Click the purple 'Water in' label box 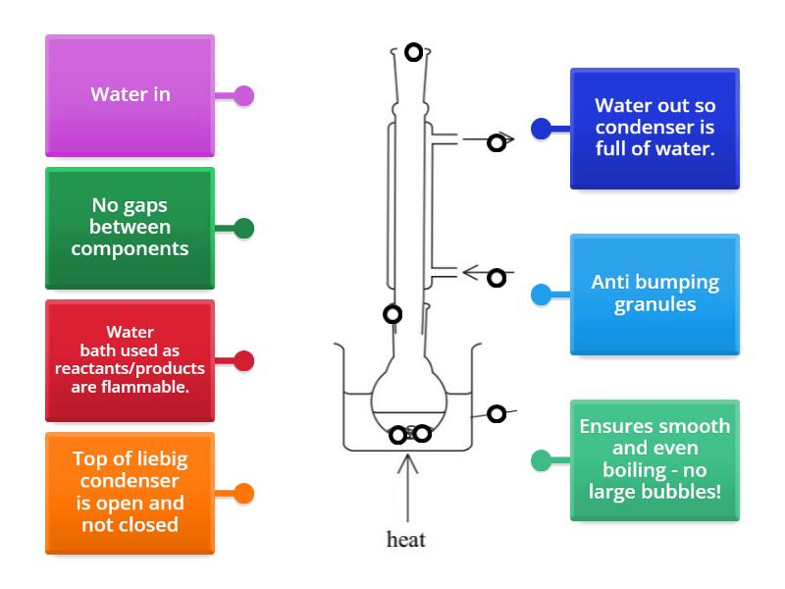pyautogui.click(x=130, y=95)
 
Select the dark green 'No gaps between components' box pyautogui.click(x=130, y=228)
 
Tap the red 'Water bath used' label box pyautogui.click(x=130, y=360)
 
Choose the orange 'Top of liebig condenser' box pyautogui.click(x=130, y=493)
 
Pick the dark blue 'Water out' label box pyautogui.click(x=654, y=128)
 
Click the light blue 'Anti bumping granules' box pyautogui.click(x=654, y=294)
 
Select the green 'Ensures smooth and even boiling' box pyautogui.click(x=654, y=459)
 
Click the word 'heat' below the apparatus pyautogui.click(x=406, y=539)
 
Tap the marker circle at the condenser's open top pyautogui.click(x=414, y=53)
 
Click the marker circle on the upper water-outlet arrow pyautogui.click(x=497, y=143)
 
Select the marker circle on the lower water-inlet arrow pyautogui.click(x=497, y=278)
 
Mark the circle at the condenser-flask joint pyautogui.click(x=392, y=314)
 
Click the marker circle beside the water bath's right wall pyautogui.click(x=497, y=414)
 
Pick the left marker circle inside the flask pyautogui.click(x=398, y=435)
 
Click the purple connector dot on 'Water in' pyautogui.click(x=244, y=96)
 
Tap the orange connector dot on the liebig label pyautogui.click(x=244, y=494)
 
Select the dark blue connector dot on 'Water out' pyautogui.click(x=540, y=129)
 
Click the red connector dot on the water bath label pyautogui.click(x=244, y=361)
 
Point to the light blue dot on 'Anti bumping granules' pyautogui.click(x=540, y=294)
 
